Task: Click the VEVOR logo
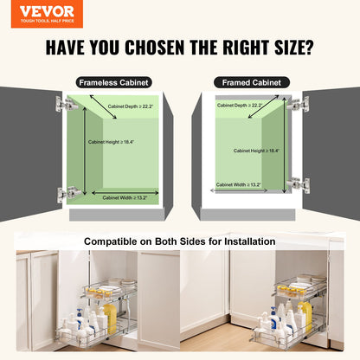click(x=42, y=11)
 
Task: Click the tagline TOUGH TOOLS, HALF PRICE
click(x=42, y=22)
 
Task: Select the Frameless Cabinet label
click(x=113, y=82)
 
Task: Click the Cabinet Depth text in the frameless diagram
click(x=131, y=106)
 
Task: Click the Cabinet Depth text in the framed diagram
click(x=239, y=106)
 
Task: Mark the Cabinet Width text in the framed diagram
click(x=238, y=184)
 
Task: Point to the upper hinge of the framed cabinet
click(x=299, y=104)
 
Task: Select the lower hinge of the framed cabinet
click(x=299, y=184)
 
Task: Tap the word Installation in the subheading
click(x=246, y=241)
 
